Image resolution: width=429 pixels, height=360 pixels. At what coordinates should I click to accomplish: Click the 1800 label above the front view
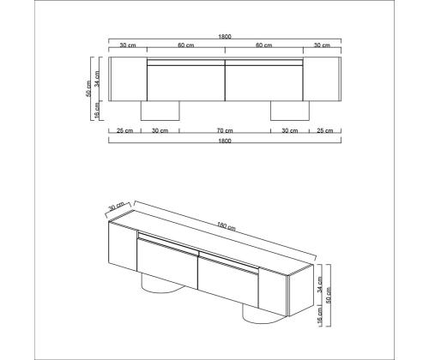[x=225, y=37]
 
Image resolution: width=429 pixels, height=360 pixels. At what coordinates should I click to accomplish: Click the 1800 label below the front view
[x=225, y=141]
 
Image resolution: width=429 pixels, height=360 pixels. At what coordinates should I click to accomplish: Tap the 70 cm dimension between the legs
[x=225, y=131]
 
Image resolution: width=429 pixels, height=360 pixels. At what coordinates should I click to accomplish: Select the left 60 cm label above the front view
[x=186, y=45]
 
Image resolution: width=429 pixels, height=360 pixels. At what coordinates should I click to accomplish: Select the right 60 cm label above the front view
[x=264, y=45]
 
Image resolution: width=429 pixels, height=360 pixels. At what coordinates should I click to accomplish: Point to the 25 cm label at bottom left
[x=125, y=131]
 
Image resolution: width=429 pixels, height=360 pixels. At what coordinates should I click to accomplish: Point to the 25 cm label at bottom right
[x=325, y=131]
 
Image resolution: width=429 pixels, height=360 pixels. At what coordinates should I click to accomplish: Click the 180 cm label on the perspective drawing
[x=227, y=226]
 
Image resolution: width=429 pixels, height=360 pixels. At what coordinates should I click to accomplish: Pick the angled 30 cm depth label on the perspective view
[x=117, y=206]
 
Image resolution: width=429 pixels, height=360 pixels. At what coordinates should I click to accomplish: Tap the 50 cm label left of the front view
[x=88, y=88]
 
